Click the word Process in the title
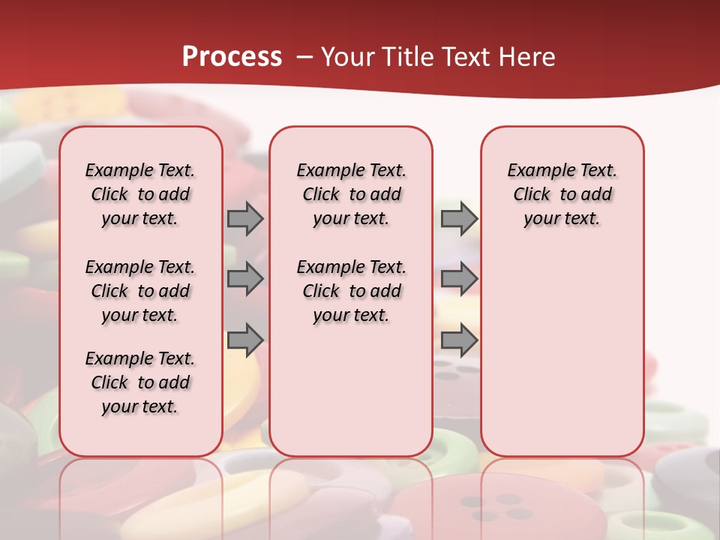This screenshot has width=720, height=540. tap(232, 57)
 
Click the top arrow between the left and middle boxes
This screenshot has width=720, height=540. tap(245, 218)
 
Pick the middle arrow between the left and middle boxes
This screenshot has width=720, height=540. tap(245, 279)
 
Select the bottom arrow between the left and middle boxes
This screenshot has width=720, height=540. tap(245, 340)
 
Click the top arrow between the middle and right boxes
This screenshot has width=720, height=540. tap(459, 218)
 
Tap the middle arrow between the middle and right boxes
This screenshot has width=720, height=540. tap(459, 279)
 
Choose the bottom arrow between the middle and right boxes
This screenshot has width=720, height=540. tap(459, 340)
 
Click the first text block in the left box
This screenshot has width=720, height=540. tap(140, 194)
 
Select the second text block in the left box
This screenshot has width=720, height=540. tap(140, 291)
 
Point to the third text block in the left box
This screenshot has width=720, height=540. tap(140, 382)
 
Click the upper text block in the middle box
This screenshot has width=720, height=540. tap(351, 194)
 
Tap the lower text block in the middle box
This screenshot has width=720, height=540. tap(351, 291)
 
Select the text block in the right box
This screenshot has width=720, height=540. tap(562, 194)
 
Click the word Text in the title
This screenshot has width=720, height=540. tap(464, 57)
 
